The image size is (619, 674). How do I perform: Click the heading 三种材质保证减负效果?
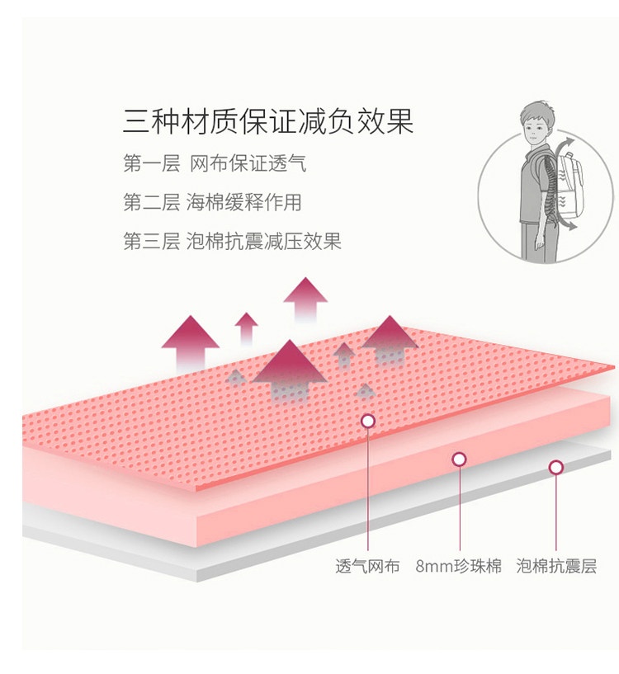(267, 122)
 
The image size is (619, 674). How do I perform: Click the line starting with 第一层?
(215, 163)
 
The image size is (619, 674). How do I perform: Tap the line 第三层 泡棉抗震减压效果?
(232, 241)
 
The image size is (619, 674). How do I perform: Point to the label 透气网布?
(367, 567)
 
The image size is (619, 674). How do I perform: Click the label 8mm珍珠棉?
(458, 567)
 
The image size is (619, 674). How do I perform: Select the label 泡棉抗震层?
(556, 567)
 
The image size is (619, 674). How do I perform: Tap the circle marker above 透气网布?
(368, 422)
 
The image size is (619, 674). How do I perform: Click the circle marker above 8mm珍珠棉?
(459, 460)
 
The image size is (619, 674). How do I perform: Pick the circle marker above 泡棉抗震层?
(556, 468)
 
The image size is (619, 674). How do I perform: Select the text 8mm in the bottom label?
(433, 567)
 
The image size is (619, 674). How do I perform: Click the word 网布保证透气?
(248, 163)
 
